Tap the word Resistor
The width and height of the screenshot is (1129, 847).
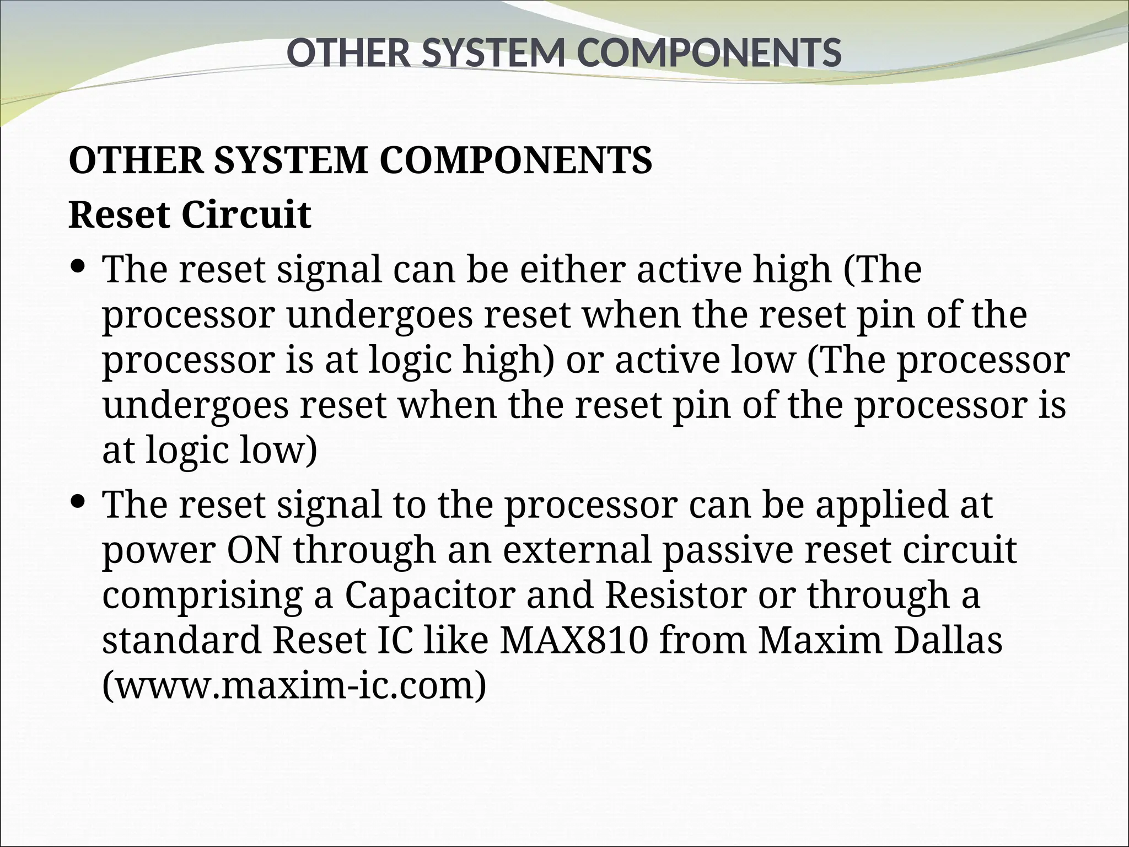coord(676,595)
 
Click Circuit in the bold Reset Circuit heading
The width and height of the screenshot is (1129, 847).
coord(246,215)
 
